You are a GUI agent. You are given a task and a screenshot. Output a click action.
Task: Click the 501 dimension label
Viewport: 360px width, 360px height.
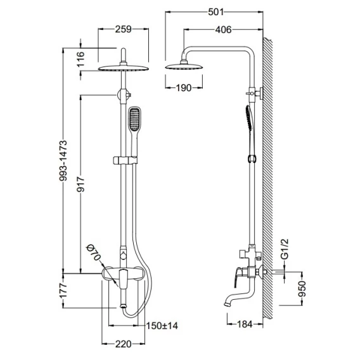[x=215, y=12]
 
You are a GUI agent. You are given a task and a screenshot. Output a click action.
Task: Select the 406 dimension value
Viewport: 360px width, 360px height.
[x=224, y=30]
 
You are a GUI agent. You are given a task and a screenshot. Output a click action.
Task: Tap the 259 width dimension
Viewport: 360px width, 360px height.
[x=124, y=29]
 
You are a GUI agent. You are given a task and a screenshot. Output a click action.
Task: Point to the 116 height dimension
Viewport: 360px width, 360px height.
[x=80, y=59]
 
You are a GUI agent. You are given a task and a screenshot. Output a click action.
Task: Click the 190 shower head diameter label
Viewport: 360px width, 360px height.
[x=184, y=87]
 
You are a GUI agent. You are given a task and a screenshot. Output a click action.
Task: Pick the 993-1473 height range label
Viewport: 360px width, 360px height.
[x=63, y=161]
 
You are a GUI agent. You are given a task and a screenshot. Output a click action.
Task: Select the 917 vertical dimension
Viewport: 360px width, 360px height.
[x=81, y=184]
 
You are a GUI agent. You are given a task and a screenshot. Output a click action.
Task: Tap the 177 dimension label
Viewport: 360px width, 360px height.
[x=63, y=290]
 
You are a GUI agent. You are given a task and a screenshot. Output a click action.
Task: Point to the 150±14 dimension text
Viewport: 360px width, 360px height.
[x=162, y=326]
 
